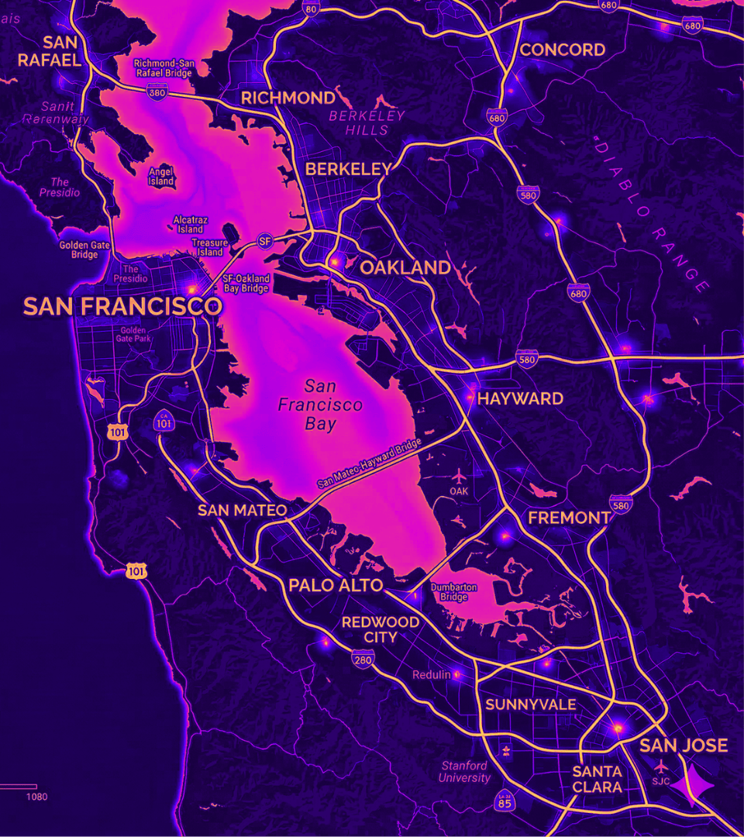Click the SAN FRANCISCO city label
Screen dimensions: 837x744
122,306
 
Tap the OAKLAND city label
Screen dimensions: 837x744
405,268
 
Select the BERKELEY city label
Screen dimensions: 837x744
348,169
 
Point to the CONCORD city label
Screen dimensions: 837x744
563,50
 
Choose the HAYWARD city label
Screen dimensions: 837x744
520,399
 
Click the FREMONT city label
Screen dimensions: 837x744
569,518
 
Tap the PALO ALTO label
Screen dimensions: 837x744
336,586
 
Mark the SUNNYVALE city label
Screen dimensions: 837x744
531,704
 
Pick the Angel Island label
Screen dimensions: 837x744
161,176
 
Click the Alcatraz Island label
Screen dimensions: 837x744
190,224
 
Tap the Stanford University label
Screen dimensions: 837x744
465,772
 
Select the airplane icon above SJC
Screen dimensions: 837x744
660,766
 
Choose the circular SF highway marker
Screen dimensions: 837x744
265,241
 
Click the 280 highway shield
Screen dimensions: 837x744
362,660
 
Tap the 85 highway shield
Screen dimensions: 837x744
505,801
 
